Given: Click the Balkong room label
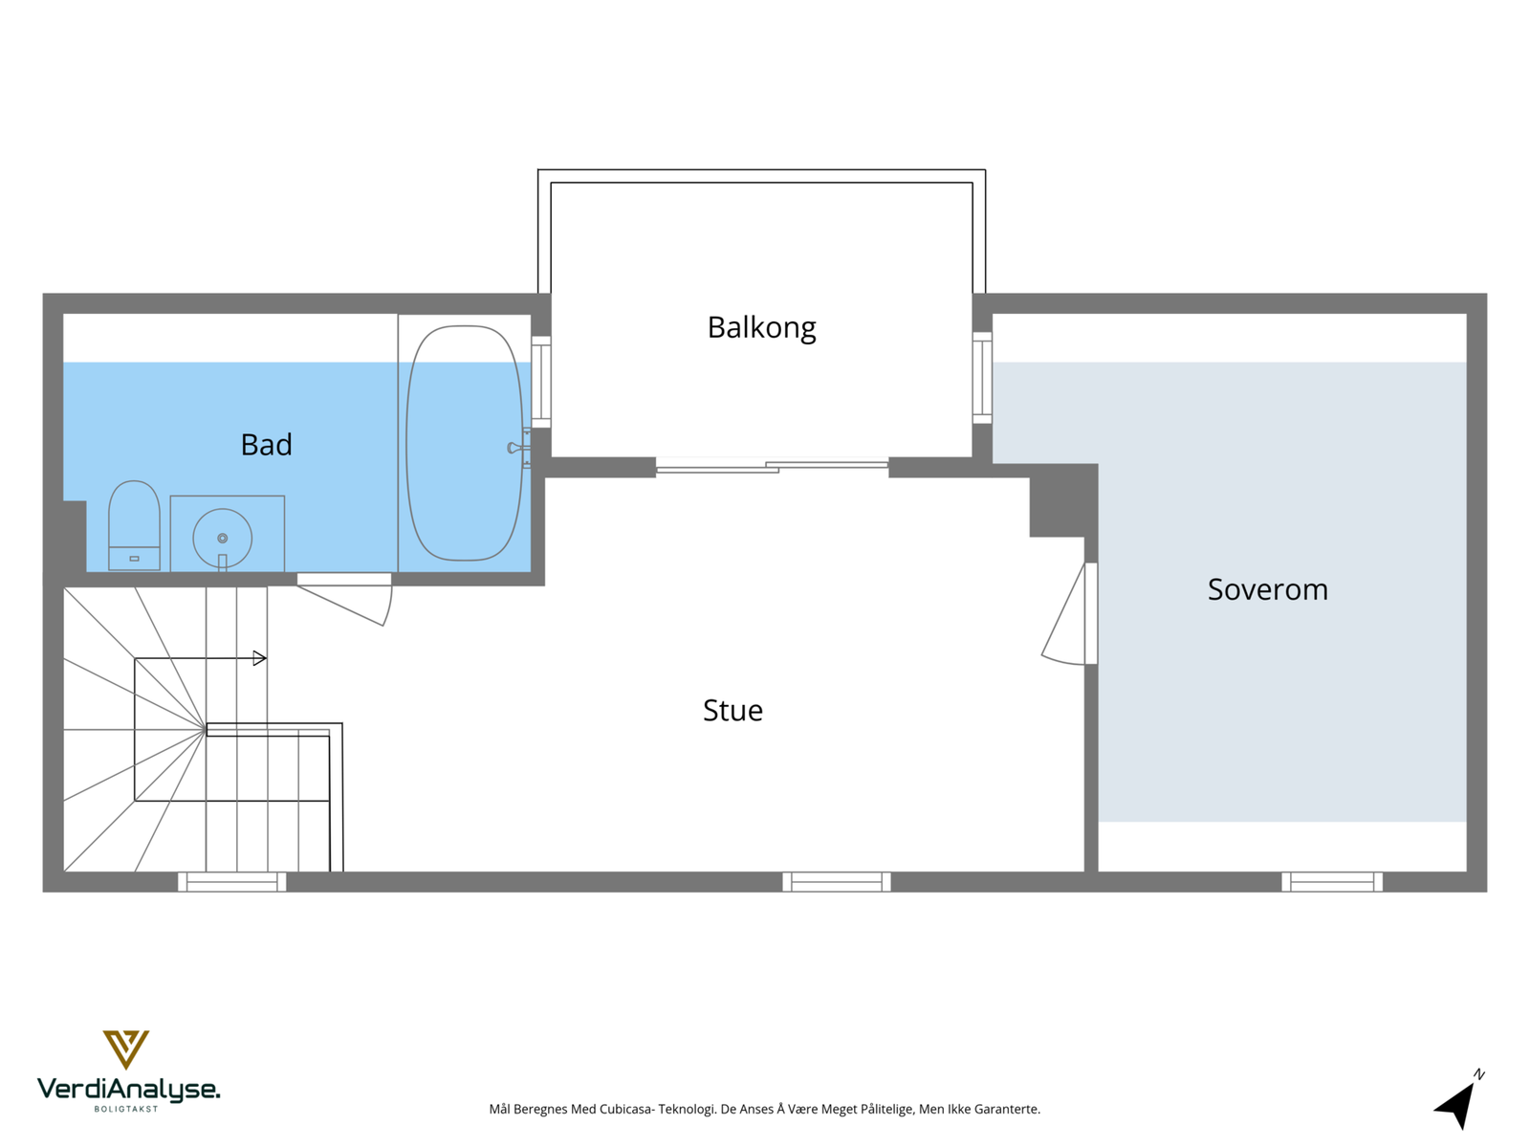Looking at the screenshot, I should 761,327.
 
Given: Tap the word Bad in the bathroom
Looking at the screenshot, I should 266,445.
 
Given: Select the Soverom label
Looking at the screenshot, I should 1267,589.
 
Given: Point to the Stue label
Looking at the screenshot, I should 732,710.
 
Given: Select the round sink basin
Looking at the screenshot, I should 223,538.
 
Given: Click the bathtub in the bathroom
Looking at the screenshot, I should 465,443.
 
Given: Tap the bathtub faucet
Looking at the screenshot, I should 517,448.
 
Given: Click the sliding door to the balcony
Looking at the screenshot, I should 773,467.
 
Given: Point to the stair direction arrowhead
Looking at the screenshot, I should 259,658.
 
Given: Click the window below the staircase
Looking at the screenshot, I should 231,882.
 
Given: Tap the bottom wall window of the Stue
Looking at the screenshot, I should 837,882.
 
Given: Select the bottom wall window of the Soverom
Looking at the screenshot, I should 1332,882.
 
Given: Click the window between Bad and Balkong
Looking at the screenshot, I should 540,381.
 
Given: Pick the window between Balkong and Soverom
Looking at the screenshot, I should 982,377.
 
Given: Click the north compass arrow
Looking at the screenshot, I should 1456,1105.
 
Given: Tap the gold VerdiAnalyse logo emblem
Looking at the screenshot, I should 126,1049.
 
